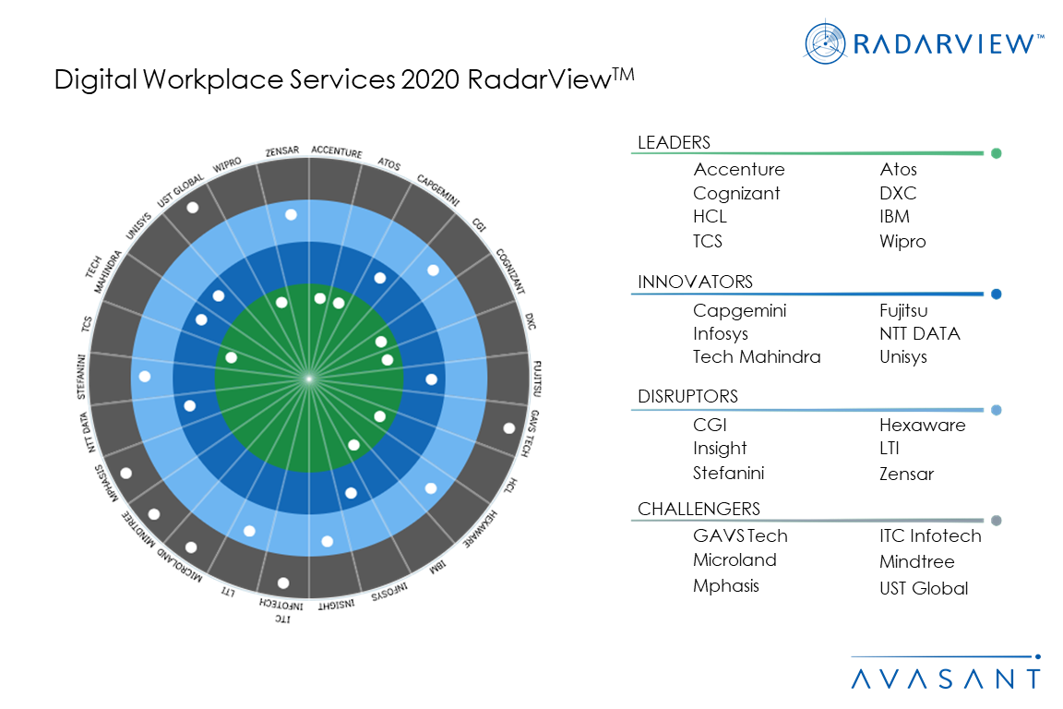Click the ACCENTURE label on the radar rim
(x=336, y=151)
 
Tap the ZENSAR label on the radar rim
(x=281, y=152)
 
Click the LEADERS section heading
(x=675, y=143)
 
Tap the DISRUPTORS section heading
(x=687, y=397)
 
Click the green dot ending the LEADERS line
(x=996, y=154)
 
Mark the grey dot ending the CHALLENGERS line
(x=996, y=521)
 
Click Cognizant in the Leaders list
(x=736, y=194)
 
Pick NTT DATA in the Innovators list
(x=919, y=334)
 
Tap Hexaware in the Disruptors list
(x=922, y=426)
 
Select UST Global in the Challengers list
(x=924, y=589)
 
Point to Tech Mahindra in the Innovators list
(x=757, y=357)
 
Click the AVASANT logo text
(x=945, y=679)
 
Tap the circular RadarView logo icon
(x=826, y=42)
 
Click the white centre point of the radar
(x=309, y=378)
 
